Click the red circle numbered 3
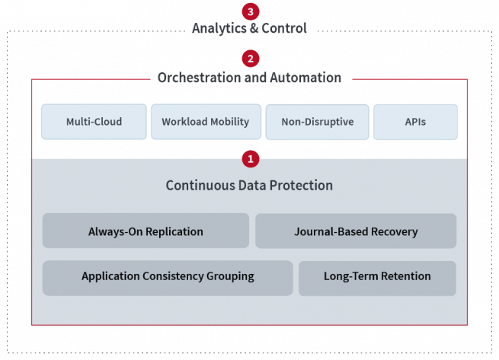pos(251,11)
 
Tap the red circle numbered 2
pos(251,59)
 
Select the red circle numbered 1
pos(251,159)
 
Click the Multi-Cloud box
pos(94,122)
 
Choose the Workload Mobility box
pos(206,122)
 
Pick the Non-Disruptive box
pos(317,122)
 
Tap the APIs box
pos(416,122)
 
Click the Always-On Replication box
pos(146,231)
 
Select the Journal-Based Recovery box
pos(356,231)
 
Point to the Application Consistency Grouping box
pos(168,279)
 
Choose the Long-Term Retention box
pos(377,279)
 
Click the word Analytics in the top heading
pos(219,29)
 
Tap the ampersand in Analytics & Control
pos(254,28)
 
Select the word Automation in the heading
pos(305,78)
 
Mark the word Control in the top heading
pos(284,28)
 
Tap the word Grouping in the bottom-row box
pos(230,276)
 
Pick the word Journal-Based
pos(331,231)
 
